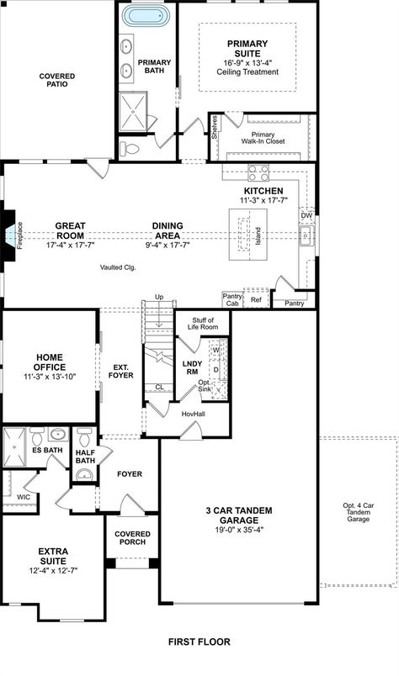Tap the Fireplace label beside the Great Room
[x=21, y=236]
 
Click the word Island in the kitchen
[x=258, y=235]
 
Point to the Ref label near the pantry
[x=257, y=299]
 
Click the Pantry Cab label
[x=232, y=299]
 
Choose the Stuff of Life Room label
[x=203, y=324]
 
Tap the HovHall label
[x=194, y=413]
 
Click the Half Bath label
[x=85, y=456]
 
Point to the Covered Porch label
[x=132, y=537]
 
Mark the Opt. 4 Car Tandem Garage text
[x=358, y=512]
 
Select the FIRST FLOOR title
[x=199, y=642]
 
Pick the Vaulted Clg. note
[x=118, y=267]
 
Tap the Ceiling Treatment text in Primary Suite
[x=247, y=71]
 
